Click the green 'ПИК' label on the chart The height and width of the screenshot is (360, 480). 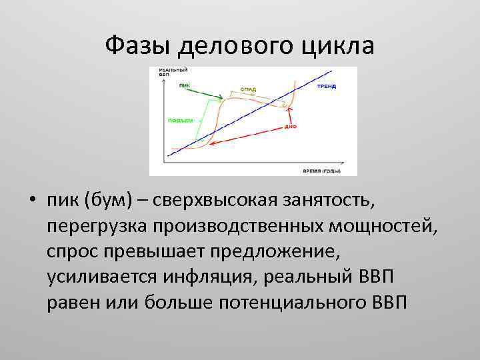click(x=185, y=85)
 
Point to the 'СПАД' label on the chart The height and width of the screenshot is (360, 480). click(x=248, y=89)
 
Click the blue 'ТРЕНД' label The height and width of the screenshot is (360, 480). click(x=326, y=86)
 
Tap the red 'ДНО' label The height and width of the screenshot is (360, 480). click(x=291, y=125)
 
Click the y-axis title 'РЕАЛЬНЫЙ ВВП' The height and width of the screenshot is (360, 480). click(x=173, y=72)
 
